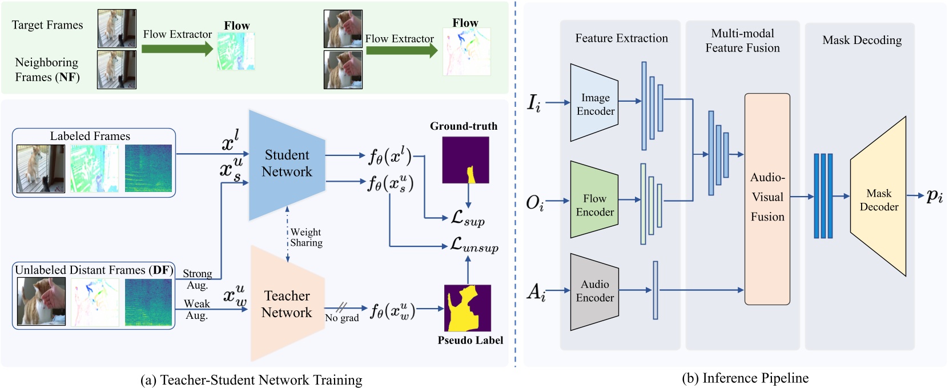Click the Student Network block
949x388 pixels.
tap(287, 164)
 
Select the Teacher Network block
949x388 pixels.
tap(287, 304)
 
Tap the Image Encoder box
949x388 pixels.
tap(594, 103)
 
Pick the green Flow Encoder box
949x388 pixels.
tap(594, 205)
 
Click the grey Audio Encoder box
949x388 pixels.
tap(594, 291)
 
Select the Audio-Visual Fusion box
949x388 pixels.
tap(767, 198)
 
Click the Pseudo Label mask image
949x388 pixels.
tap(467, 308)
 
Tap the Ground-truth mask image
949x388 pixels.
tap(465, 159)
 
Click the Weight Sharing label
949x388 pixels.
tap(306, 237)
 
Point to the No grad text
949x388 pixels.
tap(342, 318)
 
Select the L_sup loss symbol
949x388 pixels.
tap(468, 218)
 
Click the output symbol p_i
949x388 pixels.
tap(934, 196)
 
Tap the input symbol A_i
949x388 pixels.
tap(536, 292)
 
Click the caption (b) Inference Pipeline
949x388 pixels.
tap(745, 378)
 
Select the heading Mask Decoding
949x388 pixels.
tap(862, 40)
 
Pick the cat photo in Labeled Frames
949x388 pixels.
tap(41, 168)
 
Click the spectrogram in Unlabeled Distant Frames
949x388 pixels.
tap(148, 302)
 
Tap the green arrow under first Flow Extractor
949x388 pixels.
tap(177, 49)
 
